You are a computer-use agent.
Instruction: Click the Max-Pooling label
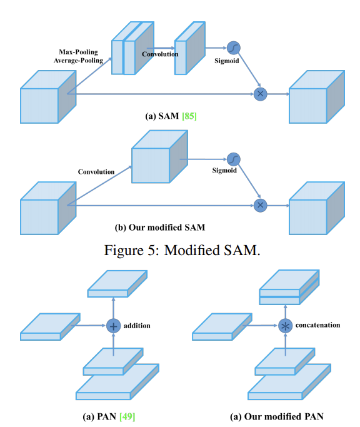click(78, 52)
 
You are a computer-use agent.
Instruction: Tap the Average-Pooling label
click(78, 61)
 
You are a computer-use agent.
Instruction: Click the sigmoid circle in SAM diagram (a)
click(233, 48)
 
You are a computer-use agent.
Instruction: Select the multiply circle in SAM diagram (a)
click(261, 94)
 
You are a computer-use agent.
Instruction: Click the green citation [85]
click(189, 116)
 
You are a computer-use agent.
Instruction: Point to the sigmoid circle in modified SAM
click(233, 159)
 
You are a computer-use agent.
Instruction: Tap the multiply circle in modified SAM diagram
click(261, 205)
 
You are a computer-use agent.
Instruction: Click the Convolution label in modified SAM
click(96, 172)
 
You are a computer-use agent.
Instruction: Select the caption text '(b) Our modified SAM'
click(160, 228)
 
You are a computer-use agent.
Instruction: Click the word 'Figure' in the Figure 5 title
click(124, 250)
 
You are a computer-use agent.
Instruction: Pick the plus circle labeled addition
click(113, 326)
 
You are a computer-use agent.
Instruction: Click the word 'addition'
click(137, 326)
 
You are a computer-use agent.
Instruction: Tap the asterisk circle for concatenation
click(286, 326)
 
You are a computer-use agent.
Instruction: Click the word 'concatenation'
click(317, 325)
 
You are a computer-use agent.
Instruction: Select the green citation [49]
click(127, 416)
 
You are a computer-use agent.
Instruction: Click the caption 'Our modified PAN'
click(284, 416)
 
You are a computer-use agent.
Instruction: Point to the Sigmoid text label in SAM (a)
click(227, 61)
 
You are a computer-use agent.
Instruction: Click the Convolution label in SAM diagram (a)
click(160, 54)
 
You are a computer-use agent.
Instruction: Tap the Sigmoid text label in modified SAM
click(224, 171)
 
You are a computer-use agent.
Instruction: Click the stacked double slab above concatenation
click(289, 288)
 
